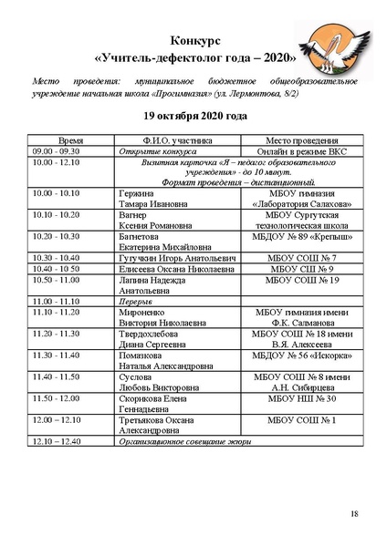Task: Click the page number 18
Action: pyautogui.click(x=354, y=515)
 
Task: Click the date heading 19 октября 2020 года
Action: pyautogui.click(x=193, y=118)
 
